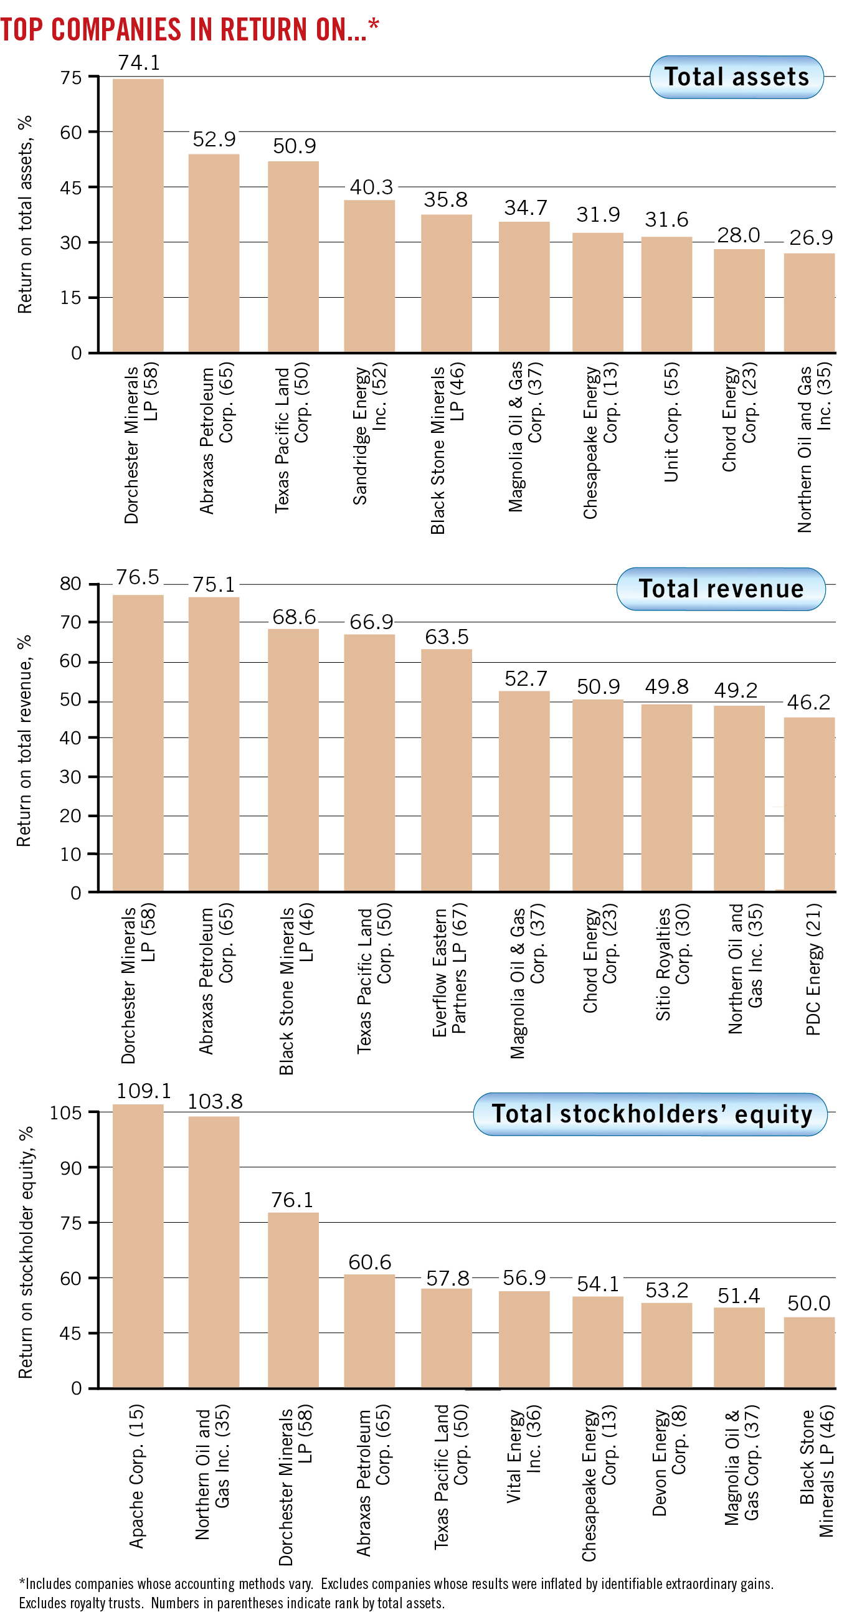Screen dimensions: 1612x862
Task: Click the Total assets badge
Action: coord(736,77)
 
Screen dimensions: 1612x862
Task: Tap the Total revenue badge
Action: coord(721,589)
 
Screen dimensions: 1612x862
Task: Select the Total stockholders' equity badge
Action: coord(651,1114)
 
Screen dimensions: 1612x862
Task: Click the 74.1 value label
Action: coord(139,62)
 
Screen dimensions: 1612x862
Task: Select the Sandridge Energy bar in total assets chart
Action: coord(369,275)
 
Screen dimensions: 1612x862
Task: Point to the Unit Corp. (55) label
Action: coord(671,422)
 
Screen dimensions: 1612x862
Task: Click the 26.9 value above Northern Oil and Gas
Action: coord(811,238)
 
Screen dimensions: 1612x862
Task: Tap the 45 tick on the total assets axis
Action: coord(70,187)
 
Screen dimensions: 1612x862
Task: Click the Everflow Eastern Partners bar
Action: coord(446,770)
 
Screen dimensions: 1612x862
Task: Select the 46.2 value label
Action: coord(808,702)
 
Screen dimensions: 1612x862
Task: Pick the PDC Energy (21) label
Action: coord(813,969)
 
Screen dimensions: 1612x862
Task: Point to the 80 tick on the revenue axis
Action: coord(70,584)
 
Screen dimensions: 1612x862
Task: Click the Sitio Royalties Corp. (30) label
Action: coord(673,962)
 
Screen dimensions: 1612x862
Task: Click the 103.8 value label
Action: coord(215,1101)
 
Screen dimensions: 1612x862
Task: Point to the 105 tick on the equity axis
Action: coord(66,1113)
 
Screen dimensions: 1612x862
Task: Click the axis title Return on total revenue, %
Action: coord(24,741)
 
